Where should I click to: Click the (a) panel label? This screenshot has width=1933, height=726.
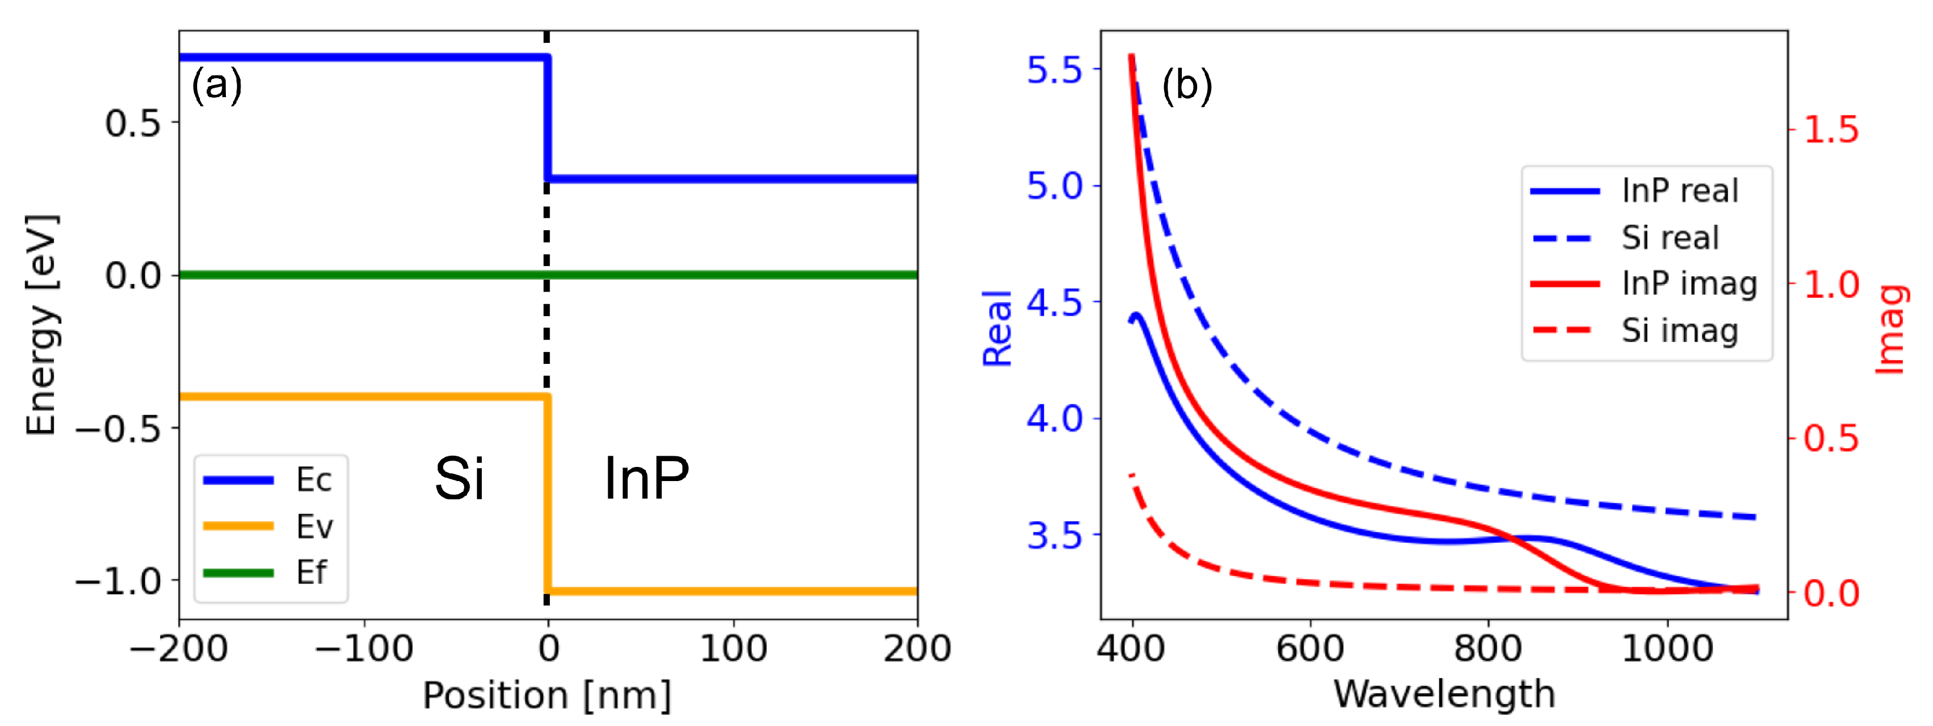(217, 84)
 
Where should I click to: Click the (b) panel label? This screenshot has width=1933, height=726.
(1187, 85)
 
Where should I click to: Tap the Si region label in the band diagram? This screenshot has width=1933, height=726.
(459, 478)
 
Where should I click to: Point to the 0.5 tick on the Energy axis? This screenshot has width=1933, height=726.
(133, 123)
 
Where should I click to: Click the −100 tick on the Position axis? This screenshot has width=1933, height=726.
(364, 648)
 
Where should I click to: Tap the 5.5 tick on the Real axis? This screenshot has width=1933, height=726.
(1054, 70)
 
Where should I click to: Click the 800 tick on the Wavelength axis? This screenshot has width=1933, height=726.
(1488, 648)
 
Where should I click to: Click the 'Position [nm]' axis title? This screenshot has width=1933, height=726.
(547, 695)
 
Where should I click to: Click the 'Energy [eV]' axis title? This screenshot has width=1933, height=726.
(41, 324)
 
